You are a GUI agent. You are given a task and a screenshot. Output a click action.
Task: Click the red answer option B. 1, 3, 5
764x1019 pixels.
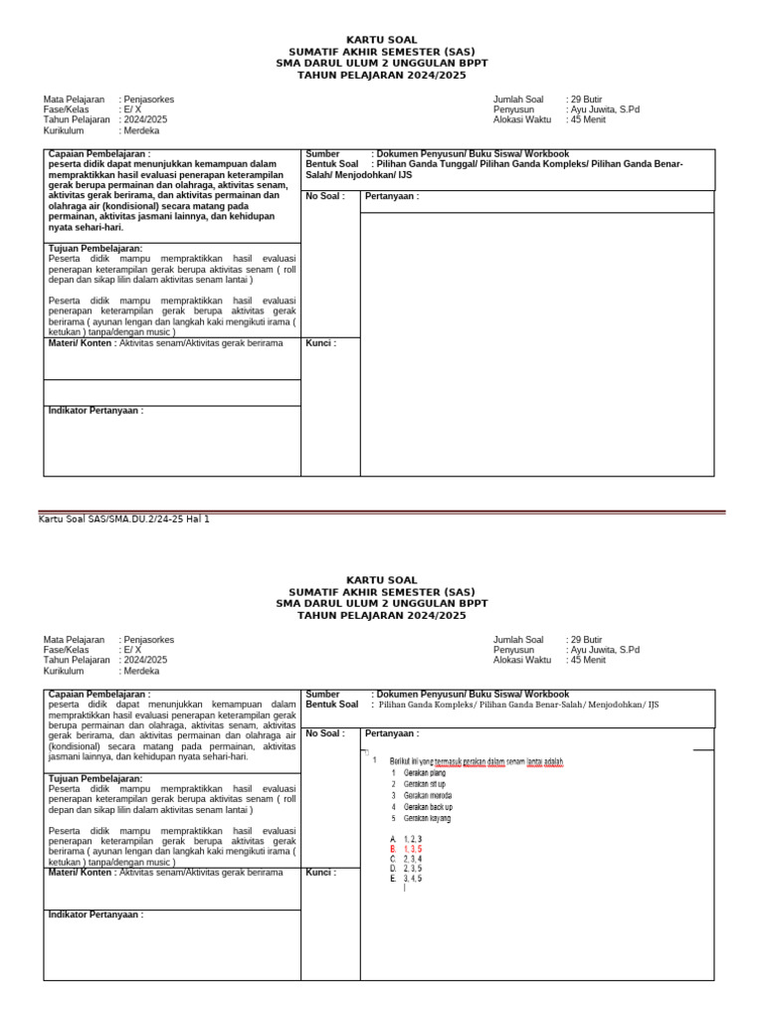pyautogui.click(x=406, y=849)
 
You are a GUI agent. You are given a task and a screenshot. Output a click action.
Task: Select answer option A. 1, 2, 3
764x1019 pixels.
pyautogui.click(x=406, y=839)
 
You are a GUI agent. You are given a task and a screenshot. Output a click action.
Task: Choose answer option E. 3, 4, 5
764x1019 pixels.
pyautogui.click(x=406, y=879)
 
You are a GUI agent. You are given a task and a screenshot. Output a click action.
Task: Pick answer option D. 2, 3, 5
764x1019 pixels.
pyautogui.click(x=406, y=869)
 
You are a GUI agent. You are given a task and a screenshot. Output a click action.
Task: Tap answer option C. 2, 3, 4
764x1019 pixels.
pyautogui.click(x=406, y=859)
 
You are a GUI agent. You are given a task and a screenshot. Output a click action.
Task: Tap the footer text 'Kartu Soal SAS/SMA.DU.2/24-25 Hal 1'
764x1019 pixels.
pyautogui.click(x=123, y=518)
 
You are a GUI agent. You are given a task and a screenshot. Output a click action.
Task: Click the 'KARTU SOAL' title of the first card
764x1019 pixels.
pyautogui.click(x=381, y=40)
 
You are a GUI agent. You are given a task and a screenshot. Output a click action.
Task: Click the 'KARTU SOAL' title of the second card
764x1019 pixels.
pyautogui.click(x=381, y=579)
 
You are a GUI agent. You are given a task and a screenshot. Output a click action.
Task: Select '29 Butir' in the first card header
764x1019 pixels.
pyautogui.click(x=586, y=100)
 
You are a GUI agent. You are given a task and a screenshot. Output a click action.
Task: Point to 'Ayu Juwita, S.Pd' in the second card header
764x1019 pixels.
pyautogui.click(x=605, y=650)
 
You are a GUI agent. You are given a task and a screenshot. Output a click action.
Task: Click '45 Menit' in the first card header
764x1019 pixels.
pyautogui.click(x=587, y=119)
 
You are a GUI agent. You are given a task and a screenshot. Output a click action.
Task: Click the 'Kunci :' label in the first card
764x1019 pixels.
pyautogui.click(x=320, y=343)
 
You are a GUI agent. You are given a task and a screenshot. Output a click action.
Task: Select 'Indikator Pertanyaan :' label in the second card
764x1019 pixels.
pyautogui.click(x=95, y=915)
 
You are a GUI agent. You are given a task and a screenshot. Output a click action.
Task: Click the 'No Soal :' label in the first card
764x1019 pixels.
pyautogui.click(x=325, y=196)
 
